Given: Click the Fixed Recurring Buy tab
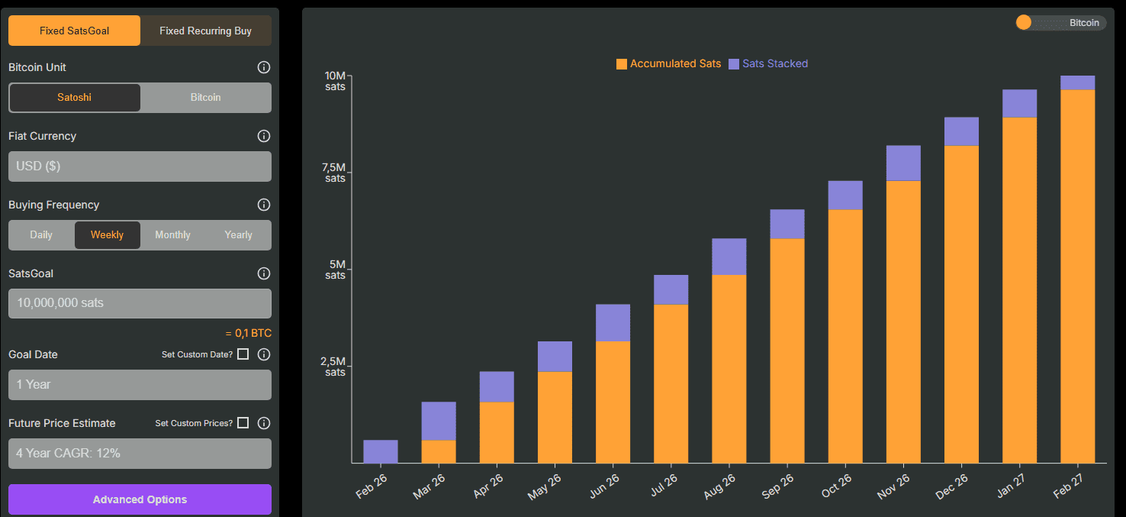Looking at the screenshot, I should [205, 31].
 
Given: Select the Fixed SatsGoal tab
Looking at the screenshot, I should [74, 31].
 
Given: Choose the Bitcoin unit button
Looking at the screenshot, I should [205, 98].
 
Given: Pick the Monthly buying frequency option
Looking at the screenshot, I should [172, 235].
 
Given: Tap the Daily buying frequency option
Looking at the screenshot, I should [41, 235].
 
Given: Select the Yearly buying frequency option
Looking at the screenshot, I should [238, 235].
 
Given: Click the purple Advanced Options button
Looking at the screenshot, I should [140, 499].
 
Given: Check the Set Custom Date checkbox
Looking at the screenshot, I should [243, 354].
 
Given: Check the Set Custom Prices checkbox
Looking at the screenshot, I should [243, 423].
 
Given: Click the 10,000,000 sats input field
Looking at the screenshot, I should [140, 303].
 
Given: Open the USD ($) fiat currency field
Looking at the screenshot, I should [140, 166].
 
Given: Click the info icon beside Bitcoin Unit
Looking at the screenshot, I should [264, 67].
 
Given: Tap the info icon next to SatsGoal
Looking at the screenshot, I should [264, 273].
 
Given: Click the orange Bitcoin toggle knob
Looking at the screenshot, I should [1024, 23].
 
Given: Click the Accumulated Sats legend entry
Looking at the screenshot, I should [668, 64].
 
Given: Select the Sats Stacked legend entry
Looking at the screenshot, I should [768, 64].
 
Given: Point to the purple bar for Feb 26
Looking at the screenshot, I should [381, 451].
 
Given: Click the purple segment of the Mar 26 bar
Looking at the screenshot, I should [439, 421].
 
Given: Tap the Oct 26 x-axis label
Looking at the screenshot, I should [836, 486].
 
